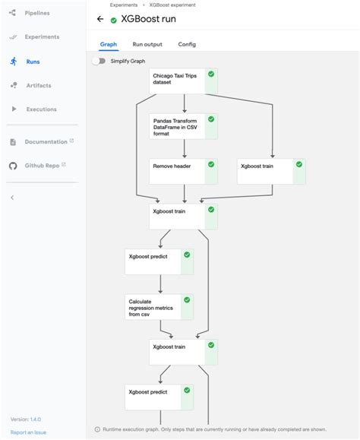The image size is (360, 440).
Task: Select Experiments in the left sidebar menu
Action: click(42, 36)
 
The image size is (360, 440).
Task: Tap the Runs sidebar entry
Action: click(33, 61)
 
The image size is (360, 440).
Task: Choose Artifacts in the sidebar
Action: click(39, 85)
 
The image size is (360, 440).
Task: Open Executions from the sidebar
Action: click(41, 109)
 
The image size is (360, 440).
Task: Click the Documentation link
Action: click(46, 141)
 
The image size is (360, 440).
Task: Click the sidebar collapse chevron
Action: click(12, 198)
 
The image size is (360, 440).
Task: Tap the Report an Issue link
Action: click(27, 432)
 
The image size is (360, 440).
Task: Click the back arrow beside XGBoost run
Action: click(99, 20)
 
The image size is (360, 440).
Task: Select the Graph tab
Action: click(109, 45)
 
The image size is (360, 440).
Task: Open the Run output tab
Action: click(147, 45)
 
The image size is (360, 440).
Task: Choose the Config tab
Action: click(187, 45)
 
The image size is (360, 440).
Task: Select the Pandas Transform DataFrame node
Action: click(178, 126)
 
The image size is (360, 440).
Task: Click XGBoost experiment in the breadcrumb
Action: click(172, 5)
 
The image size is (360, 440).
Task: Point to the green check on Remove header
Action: click(211, 163)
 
